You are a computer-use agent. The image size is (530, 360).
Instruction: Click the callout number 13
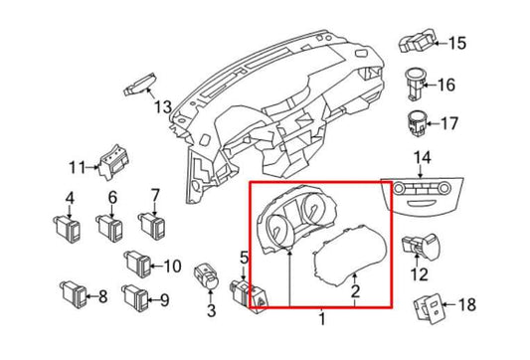click(x=163, y=106)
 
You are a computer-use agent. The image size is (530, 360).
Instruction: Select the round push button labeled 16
click(x=415, y=84)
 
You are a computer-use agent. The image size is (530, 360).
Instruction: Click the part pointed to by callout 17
click(x=417, y=123)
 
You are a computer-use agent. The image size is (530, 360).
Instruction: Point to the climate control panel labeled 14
click(x=422, y=195)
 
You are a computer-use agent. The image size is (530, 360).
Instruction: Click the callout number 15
click(x=457, y=43)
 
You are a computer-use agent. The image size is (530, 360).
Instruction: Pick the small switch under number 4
click(x=68, y=229)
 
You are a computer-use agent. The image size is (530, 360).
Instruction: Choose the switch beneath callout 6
click(x=110, y=229)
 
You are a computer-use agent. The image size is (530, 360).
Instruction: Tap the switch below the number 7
click(x=152, y=226)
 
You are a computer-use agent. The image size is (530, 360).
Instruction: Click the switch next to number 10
click(x=137, y=264)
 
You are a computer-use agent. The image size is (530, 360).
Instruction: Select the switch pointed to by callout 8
click(x=74, y=294)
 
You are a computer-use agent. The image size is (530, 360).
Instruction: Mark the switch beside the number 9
click(x=135, y=297)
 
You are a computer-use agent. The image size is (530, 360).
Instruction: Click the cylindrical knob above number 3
click(x=207, y=277)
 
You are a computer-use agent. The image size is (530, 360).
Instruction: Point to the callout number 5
click(x=244, y=259)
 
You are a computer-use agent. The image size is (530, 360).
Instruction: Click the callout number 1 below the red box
click(x=322, y=318)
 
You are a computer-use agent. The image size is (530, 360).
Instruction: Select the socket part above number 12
click(x=420, y=244)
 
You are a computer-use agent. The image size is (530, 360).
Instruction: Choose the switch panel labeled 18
click(x=429, y=308)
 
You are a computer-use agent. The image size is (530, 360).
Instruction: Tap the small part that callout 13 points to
click(x=139, y=85)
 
